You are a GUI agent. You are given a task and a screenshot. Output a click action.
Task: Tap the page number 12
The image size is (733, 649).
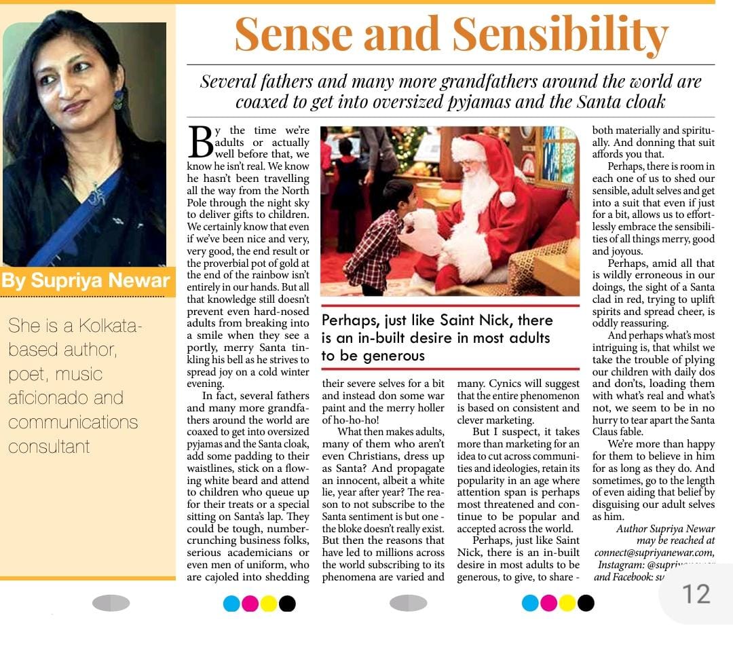tap(696, 594)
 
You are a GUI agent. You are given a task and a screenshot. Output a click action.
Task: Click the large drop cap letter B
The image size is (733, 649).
tap(200, 143)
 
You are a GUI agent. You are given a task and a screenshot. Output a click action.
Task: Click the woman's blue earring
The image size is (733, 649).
tap(119, 98)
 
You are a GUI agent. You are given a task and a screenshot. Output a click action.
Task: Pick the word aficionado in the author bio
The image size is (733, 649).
tap(66, 398)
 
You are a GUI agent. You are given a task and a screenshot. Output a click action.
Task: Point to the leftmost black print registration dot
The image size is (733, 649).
tap(287, 603)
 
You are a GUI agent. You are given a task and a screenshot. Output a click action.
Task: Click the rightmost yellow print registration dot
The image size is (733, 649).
tap(567, 603)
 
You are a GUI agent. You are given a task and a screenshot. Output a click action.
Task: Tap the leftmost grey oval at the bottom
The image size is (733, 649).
tap(111, 603)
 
